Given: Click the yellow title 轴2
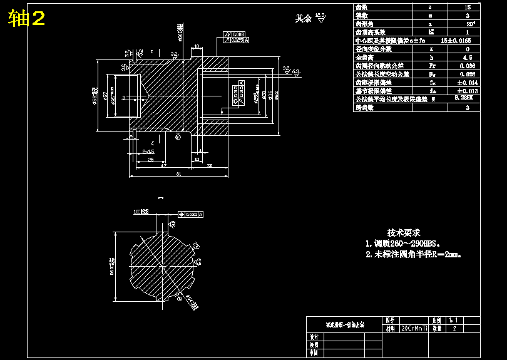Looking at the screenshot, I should [x=27, y=19].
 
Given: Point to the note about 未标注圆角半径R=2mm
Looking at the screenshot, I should [x=413, y=255].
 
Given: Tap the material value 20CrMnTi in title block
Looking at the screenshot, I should [x=414, y=328].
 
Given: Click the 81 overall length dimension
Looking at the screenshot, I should [x=180, y=175].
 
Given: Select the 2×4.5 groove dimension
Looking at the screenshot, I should [x=148, y=152].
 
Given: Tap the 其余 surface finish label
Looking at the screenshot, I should [x=304, y=19].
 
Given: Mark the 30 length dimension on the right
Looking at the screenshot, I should [x=209, y=166].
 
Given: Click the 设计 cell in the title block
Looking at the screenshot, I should [x=314, y=337].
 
